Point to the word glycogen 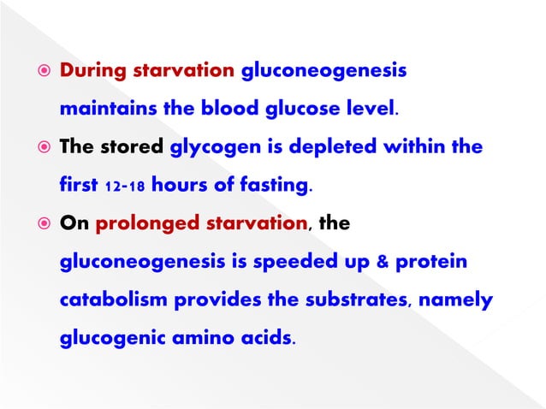click(215, 147)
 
